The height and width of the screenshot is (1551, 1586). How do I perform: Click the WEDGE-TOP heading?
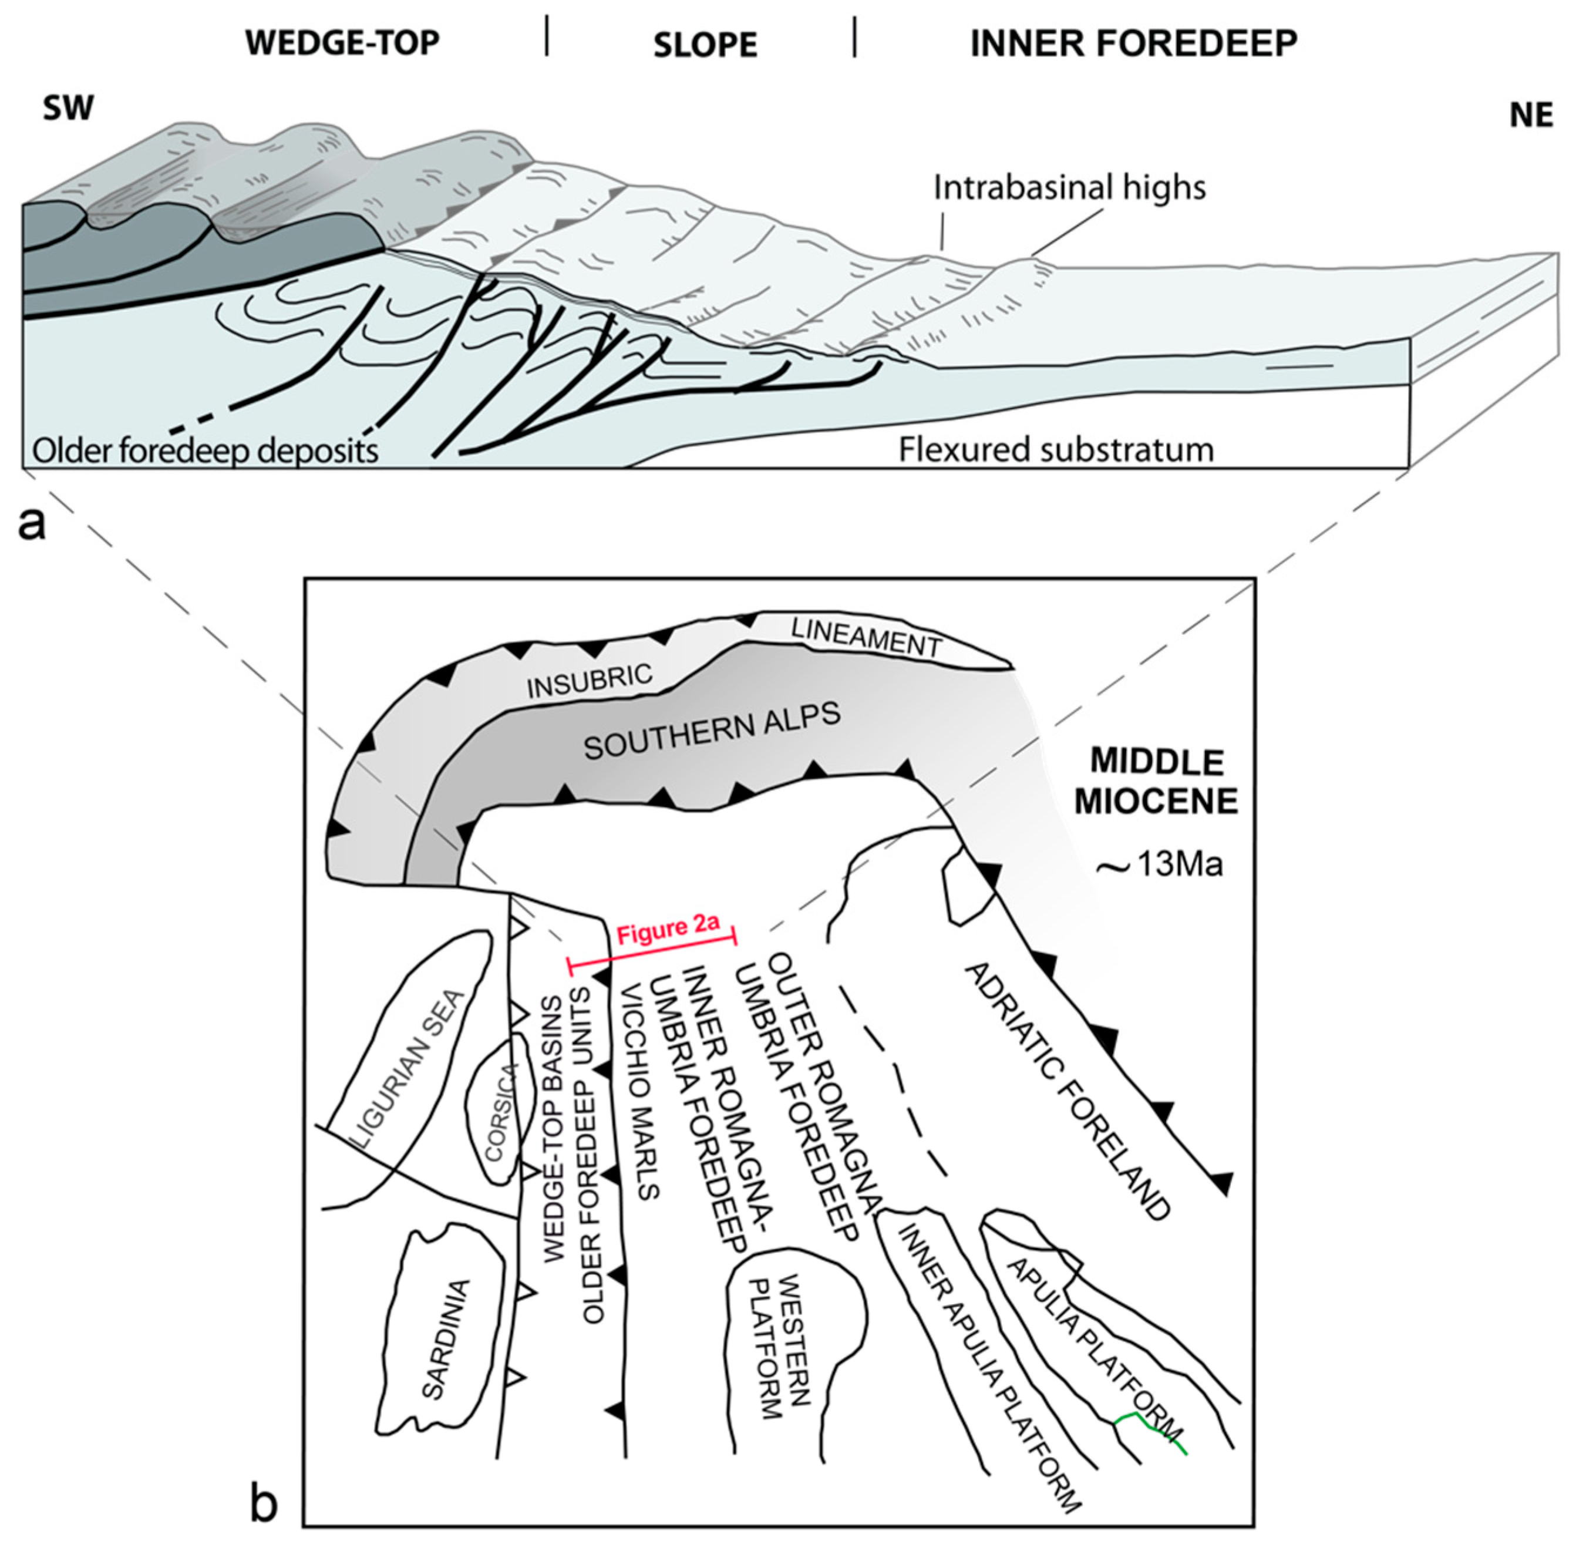point(342,42)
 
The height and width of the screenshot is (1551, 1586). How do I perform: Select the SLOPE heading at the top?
point(705,45)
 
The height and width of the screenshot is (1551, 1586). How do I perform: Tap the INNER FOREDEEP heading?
point(1133,42)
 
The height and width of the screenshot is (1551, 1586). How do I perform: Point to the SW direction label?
point(69,108)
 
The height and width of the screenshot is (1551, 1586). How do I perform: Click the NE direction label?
point(1531,116)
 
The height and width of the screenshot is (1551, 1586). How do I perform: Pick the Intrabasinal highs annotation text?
point(1069,188)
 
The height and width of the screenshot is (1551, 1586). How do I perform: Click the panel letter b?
point(263,1504)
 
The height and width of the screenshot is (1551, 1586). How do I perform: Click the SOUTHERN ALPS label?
point(711,731)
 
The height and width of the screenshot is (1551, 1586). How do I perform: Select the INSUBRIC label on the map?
point(590,679)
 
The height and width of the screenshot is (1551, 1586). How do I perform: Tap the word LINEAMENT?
point(866,638)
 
